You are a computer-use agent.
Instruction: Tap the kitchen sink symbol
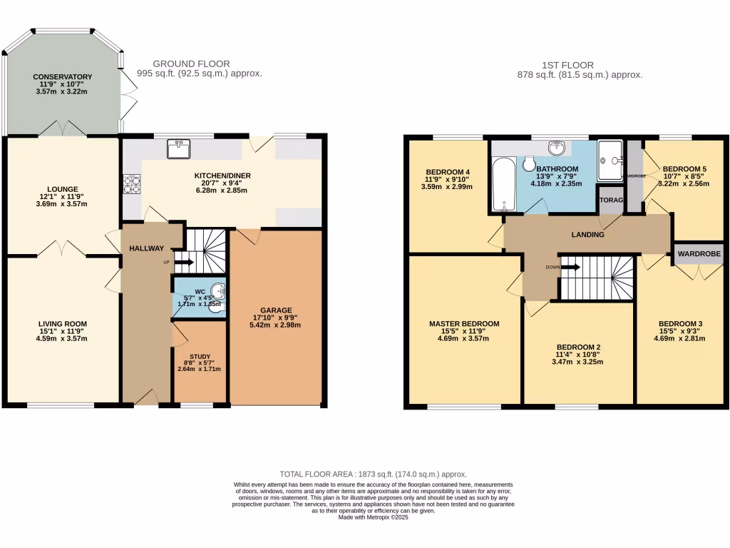178,148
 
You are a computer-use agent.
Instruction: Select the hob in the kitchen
132,184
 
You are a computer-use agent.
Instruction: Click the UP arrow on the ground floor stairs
182,263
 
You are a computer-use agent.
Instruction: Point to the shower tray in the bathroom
610,160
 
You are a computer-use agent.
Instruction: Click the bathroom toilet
529,165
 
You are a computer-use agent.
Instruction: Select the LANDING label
587,235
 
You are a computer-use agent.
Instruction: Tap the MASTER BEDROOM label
464,324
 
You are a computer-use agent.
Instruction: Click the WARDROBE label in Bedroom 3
699,253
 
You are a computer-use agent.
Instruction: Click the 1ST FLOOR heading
567,65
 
